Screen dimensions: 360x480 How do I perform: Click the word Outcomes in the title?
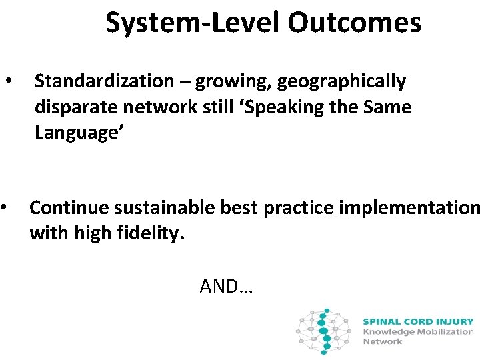pyautogui.click(x=355, y=23)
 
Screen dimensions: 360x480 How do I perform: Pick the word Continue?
pyautogui.click(x=69, y=208)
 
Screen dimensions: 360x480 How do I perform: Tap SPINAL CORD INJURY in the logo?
pyautogui.click(x=418, y=321)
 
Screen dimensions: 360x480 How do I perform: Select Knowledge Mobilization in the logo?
pyautogui.click(x=418, y=331)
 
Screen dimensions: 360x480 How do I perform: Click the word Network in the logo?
pyautogui.click(x=383, y=341)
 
